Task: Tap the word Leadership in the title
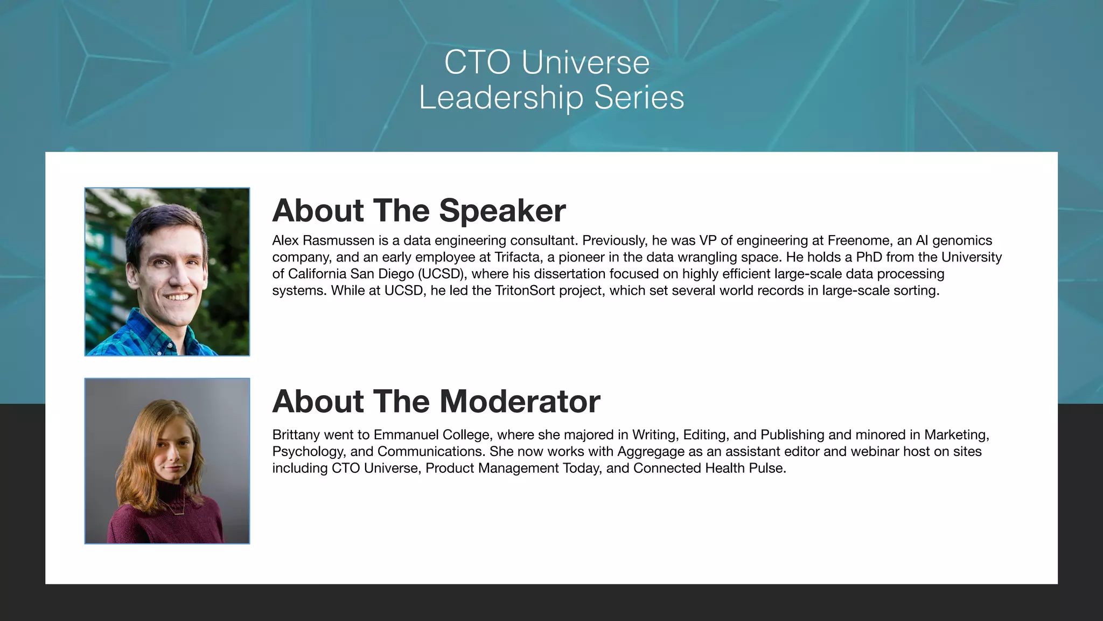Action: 501,98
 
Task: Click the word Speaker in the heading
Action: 502,210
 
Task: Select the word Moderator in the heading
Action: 519,402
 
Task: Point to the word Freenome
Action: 858,240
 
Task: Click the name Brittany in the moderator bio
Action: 296,435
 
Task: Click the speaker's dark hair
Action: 162,221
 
